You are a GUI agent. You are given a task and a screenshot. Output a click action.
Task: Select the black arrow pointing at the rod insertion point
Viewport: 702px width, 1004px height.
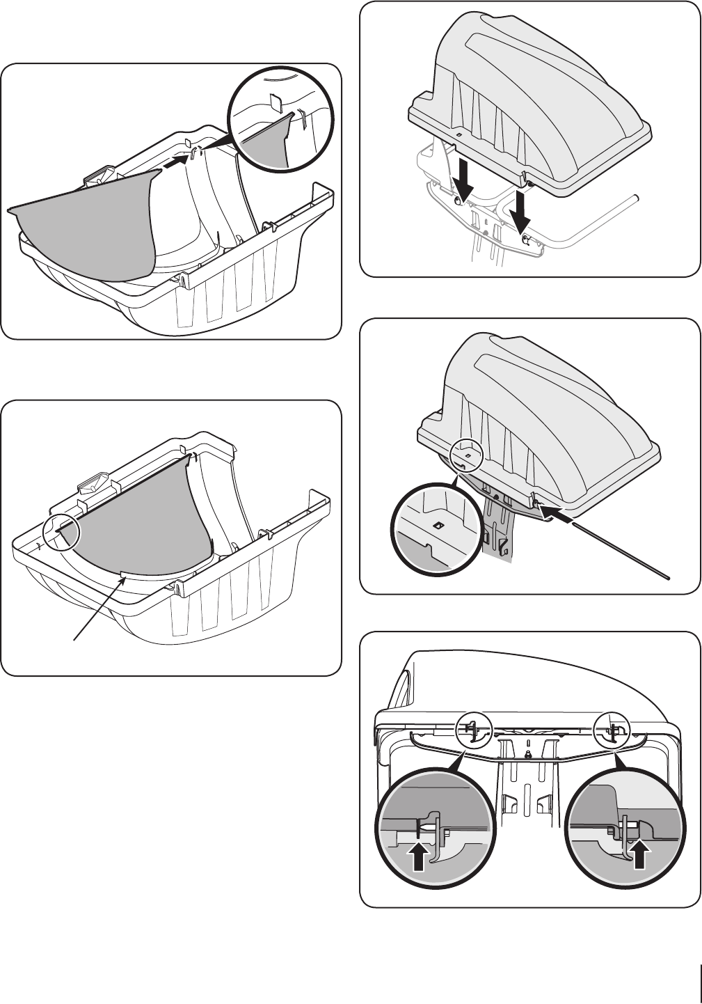560,516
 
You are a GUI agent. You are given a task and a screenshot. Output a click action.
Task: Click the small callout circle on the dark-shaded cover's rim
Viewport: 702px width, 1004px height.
468,455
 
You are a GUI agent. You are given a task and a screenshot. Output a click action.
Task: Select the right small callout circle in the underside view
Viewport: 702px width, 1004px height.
612,730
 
